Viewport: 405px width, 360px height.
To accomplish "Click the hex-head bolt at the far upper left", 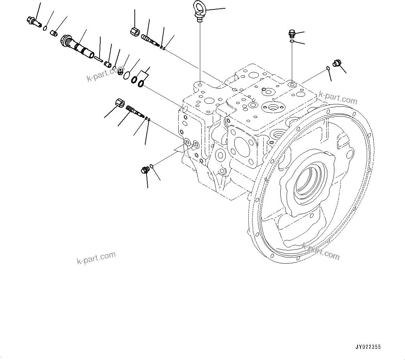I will [x=32, y=21].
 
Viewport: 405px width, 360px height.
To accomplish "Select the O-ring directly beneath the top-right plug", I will [x=292, y=42].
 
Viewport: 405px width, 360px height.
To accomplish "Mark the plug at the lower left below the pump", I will [x=144, y=170].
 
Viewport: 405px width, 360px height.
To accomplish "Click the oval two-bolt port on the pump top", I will [x=273, y=106].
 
